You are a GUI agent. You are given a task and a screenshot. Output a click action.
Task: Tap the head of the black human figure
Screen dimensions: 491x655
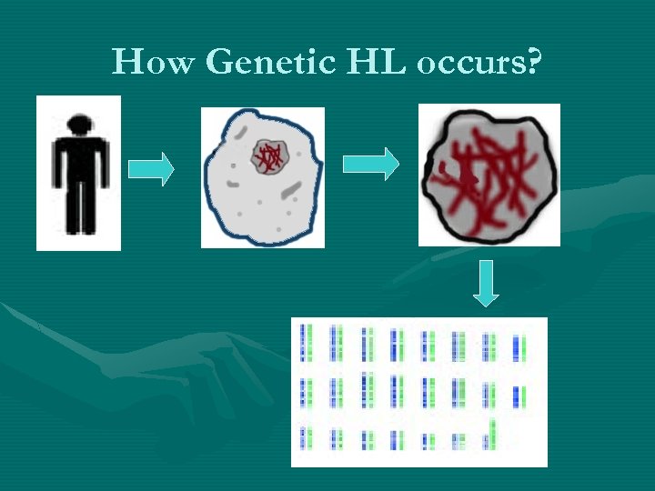point(79,124)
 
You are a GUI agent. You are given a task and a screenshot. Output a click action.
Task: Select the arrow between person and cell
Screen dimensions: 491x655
point(151,169)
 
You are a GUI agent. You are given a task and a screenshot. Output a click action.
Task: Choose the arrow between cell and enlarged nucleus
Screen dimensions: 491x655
point(370,164)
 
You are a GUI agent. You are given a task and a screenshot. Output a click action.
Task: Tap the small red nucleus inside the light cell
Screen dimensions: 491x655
point(269,157)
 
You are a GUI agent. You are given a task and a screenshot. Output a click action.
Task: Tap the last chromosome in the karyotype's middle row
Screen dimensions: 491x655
point(519,396)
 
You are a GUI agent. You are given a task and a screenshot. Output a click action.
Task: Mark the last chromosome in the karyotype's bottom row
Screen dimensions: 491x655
point(491,434)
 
